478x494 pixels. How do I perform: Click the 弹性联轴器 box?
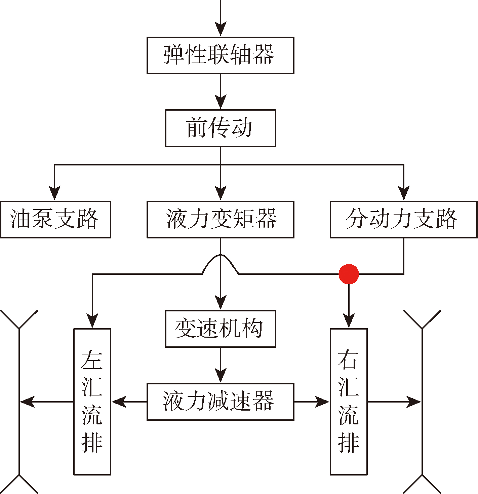coord(220,55)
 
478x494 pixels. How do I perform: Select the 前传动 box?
coord(220,128)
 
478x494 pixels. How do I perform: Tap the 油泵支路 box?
coord(55,219)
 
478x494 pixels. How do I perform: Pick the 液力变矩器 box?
coord(220,219)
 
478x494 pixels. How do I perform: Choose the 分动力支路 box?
coord(403,219)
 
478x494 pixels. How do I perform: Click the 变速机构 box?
coord(220,329)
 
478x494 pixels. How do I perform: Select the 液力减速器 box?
coord(220,402)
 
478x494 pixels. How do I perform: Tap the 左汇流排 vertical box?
coord(92,402)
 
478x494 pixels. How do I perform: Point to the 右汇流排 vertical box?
coord(349,402)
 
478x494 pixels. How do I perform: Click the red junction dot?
coord(349,274)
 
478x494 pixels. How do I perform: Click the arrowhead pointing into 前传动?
coord(221,102)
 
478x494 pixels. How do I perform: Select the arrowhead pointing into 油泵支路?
coord(54,194)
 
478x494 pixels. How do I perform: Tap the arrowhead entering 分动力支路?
coord(403,194)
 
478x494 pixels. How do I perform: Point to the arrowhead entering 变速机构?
coord(221,303)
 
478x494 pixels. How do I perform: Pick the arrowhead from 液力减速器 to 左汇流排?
coord(118,402)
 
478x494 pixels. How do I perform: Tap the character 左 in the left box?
coord(92,360)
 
